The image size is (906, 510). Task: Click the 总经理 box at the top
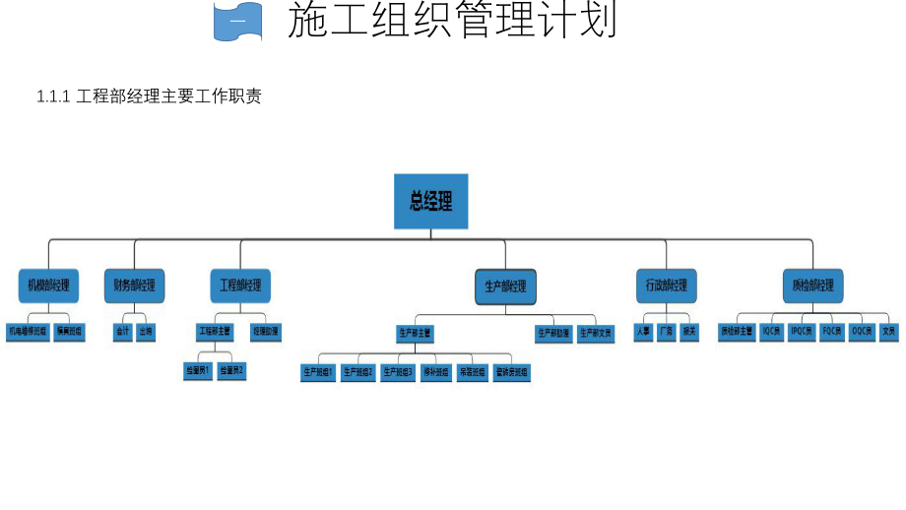tap(430, 202)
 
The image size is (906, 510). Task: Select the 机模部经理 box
tap(48, 286)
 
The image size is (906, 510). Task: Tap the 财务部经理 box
tap(134, 286)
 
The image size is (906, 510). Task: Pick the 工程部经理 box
tap(240, 286)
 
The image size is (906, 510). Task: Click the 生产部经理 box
tap(505, 287)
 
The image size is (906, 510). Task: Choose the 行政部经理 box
tap(666, 286)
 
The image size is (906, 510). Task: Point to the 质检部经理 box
tap(812, 286)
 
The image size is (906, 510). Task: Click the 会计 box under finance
tap(122, 332)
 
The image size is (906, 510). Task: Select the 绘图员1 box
tap(198, 371)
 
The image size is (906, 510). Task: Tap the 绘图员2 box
tap(231, 371)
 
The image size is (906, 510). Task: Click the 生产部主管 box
tap(416, 333)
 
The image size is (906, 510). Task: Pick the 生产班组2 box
tap(357, 372)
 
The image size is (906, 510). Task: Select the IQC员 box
tap(771, 332)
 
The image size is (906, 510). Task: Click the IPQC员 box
tap(802, 332)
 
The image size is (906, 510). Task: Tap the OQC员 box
tap(862, 332)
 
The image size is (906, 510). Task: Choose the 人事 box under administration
tap(643, 332)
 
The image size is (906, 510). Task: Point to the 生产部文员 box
tap(596, 333)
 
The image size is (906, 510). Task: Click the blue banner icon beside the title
tap(238, 22)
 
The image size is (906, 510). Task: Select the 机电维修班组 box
tap(28, 332)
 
